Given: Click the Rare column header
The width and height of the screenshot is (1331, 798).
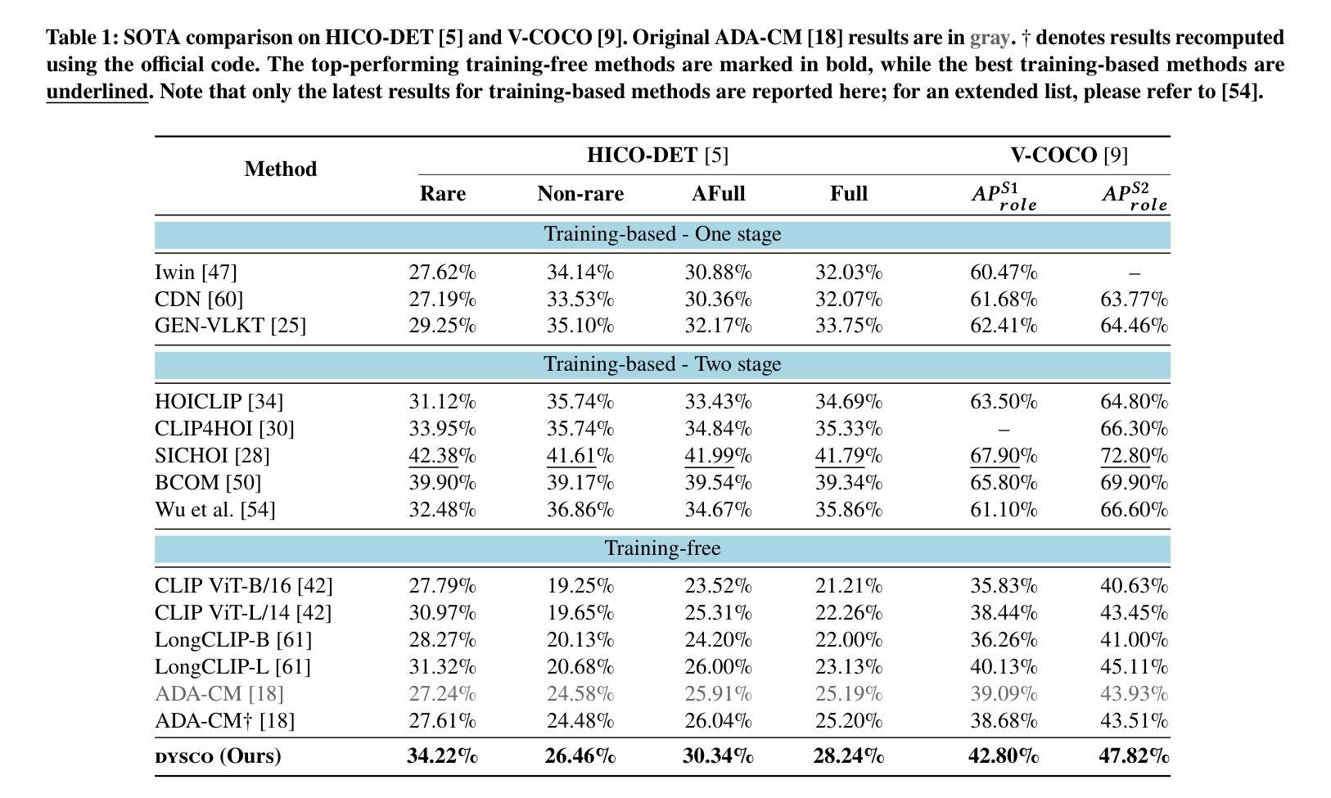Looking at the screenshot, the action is pos(443,193).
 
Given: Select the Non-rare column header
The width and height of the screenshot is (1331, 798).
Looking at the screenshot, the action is pos(580,193).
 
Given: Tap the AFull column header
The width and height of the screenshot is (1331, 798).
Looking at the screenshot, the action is pos(718,193).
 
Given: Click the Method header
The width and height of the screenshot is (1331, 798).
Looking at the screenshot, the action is pos(281,169).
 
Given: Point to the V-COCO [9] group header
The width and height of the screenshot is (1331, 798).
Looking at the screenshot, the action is pos(1069,155).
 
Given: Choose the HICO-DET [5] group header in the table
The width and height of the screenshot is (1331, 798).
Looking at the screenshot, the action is pos(658,155).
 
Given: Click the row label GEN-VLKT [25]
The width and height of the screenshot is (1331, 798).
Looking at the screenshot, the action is pos(231,326).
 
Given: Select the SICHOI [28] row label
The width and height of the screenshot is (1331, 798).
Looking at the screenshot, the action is pos(212,456).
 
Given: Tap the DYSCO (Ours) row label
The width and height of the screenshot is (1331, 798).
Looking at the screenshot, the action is pos(218,755).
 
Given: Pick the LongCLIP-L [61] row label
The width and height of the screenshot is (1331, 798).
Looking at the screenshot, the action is pos(233,667).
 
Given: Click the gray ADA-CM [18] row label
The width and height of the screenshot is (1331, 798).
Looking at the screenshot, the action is pos(219,693).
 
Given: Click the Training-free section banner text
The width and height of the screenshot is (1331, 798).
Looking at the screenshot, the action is pos(662,548).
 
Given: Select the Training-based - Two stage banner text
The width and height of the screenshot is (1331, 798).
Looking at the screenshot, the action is pos(662,363).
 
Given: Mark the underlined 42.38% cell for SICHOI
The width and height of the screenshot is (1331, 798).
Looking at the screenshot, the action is pos(443,456).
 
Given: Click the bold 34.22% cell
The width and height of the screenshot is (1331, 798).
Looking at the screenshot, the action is pos(443,755).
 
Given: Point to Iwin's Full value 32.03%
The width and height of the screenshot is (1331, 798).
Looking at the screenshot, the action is pos(849,273).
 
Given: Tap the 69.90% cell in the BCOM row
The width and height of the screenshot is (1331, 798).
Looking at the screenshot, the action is pos(1134,483).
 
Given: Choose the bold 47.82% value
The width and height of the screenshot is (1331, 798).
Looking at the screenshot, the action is pos(1134,755).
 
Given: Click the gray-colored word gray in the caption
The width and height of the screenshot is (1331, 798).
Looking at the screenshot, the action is pos(990,38).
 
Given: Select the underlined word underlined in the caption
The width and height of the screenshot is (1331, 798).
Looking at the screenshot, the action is pos(97,92).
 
